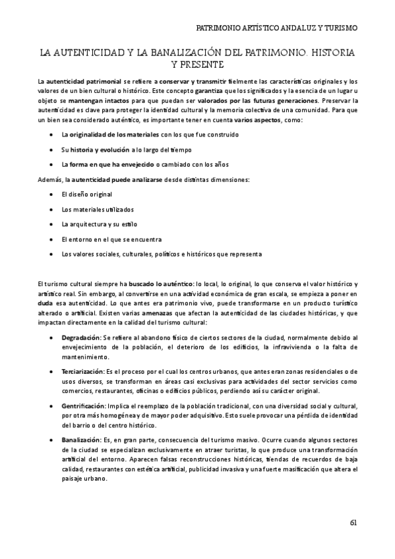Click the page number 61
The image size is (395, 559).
pyautogui.click(x=353, y=523)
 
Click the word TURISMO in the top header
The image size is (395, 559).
pyautogui.click(x=337, y=29)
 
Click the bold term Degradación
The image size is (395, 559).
pyautogui.click(x=82, y=338)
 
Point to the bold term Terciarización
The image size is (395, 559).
pyautogui.click(x=84, y=372)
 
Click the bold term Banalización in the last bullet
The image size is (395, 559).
pyautogui.click(x=81, y=440)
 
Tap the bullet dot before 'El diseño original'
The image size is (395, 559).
pyautogui.click(x=52, y=194)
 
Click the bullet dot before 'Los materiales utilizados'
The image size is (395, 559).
pyautogui.click(x=52, y=209)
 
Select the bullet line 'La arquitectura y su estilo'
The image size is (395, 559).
pyautogui.click(x=100, y=224)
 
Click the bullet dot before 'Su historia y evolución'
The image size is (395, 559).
pyautogui.click(x=52, y=150)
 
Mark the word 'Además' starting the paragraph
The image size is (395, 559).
pyautogui.click(x=50, y=179)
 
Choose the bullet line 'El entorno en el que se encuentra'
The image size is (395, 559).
pyautogui.click(x=111, y=239)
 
